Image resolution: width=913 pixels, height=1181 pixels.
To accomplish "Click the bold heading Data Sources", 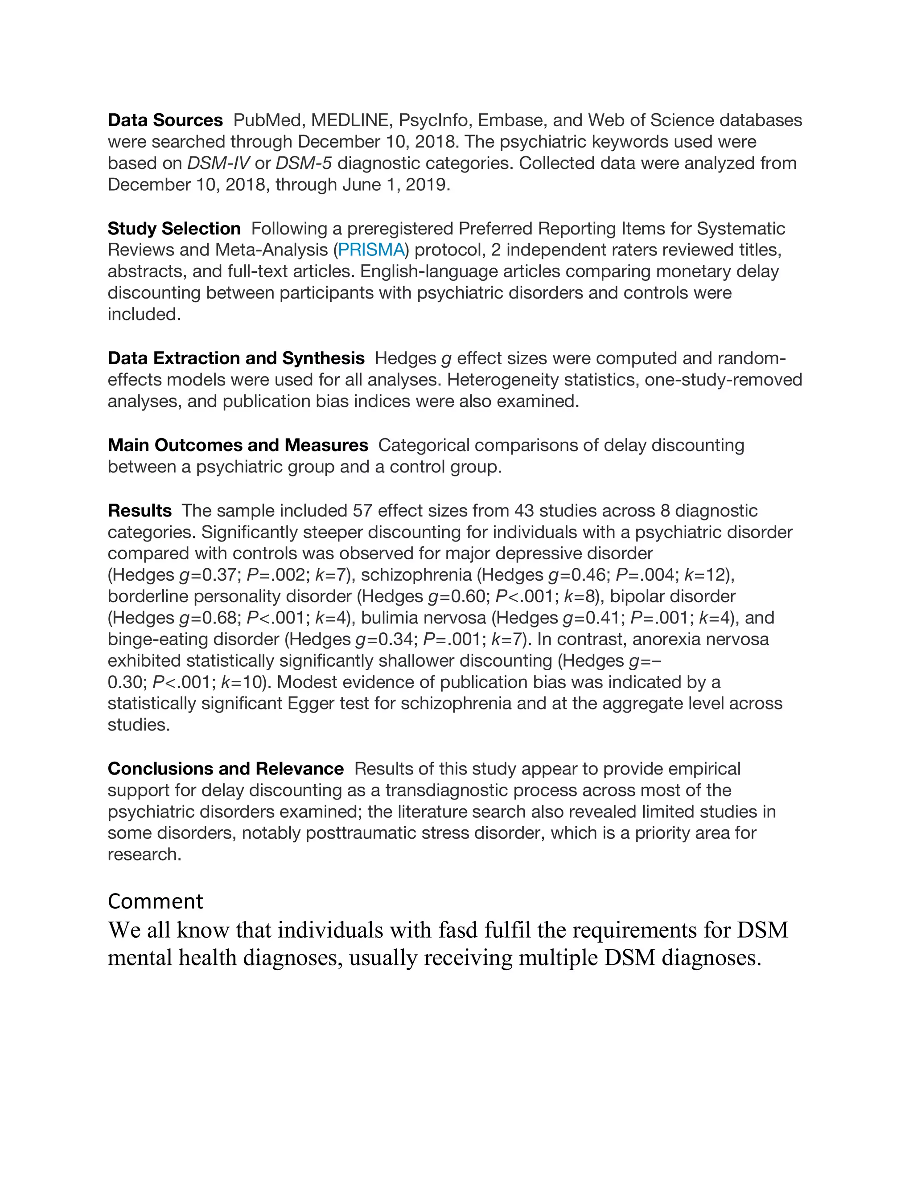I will [165, 120].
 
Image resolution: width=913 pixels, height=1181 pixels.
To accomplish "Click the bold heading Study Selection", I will [173, 229].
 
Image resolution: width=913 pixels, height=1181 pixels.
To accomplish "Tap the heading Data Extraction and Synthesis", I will [236, 358].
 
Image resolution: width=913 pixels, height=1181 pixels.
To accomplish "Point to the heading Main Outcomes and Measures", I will [238, 446].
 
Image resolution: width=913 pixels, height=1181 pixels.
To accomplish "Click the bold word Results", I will [140, 510].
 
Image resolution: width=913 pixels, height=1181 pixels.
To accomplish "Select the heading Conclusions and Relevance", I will [225, 769].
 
